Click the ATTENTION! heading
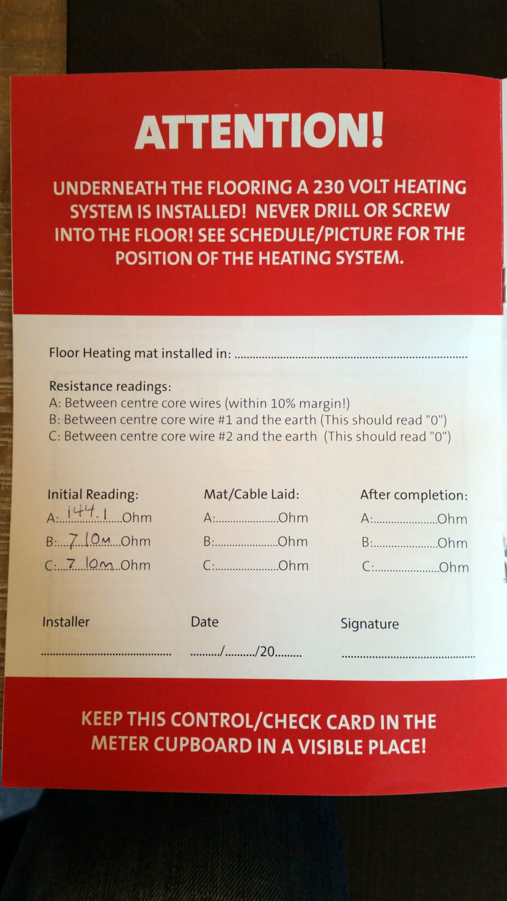point(259,131)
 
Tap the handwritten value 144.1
point(88,512)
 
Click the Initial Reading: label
point(93,494)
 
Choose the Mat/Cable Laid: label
point(251,494)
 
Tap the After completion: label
point(414,495)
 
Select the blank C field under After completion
point(406,570)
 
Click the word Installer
point(66,622)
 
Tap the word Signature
point(370,624)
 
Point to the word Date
point(204,622)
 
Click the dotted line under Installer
point(106,654)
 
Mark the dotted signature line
point(408,657)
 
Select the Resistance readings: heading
point(110,386)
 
